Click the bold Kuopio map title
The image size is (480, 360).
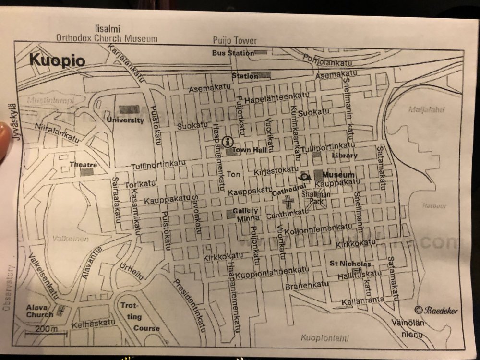pos(58,61)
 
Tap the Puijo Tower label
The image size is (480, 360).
pos(235,41)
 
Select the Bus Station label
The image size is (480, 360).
pos(232,53)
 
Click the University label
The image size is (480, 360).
pos(126,120)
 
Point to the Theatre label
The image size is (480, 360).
pos(84,164)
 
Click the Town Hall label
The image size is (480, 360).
pos(249,150)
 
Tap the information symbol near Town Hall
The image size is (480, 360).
pos(228,141)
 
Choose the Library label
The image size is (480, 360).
pos(345,156)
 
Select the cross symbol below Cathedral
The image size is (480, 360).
pos(289,202)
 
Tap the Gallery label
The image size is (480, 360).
pos(245,211)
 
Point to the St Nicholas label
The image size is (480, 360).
pos(350,264)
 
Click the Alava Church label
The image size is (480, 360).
pos(40,311)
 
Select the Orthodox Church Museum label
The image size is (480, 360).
pos(107,38)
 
